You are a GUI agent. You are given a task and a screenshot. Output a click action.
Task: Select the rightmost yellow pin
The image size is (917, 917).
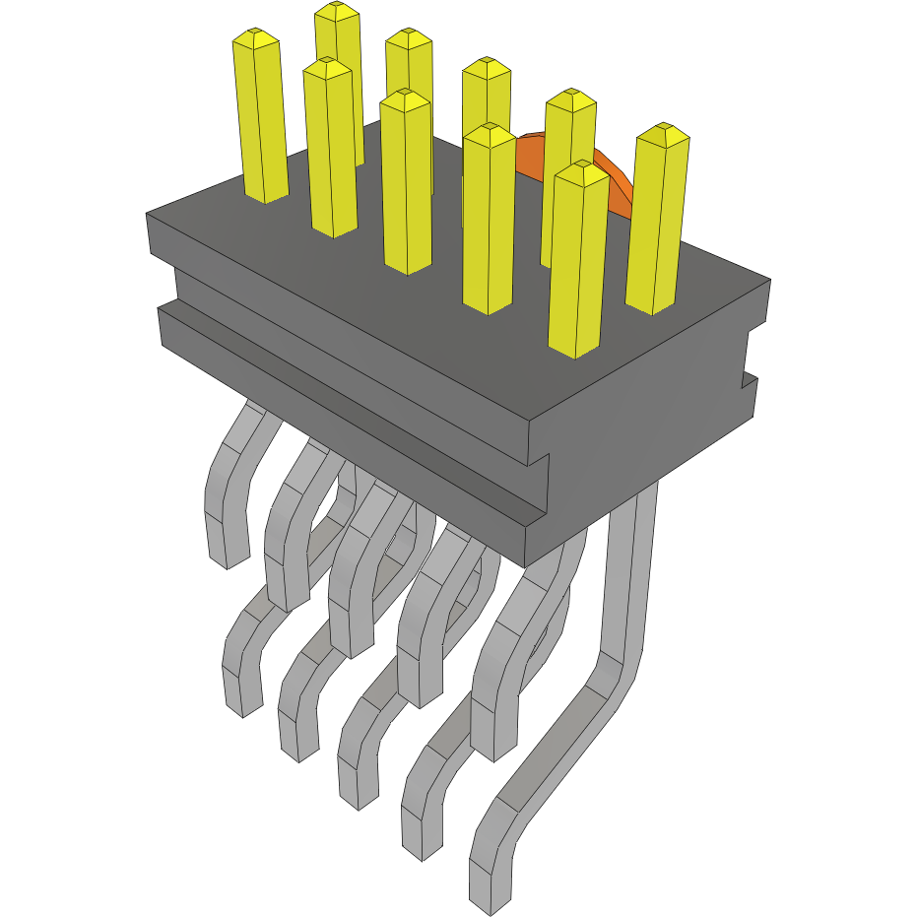tap(658, 222)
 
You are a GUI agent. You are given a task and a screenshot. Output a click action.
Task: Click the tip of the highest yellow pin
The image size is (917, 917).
tap(338, 11)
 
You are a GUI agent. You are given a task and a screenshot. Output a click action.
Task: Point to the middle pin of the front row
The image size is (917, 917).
tap(407, 182)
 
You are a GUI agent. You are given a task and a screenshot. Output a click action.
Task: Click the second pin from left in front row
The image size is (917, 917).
tap(330, 148)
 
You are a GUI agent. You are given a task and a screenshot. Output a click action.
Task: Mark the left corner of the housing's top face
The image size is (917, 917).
tap(147, 214)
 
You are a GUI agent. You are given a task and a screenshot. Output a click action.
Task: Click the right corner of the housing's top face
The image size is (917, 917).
tap(769, 281)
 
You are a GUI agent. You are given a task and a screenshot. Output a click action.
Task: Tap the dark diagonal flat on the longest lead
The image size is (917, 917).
tap(557, 749)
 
